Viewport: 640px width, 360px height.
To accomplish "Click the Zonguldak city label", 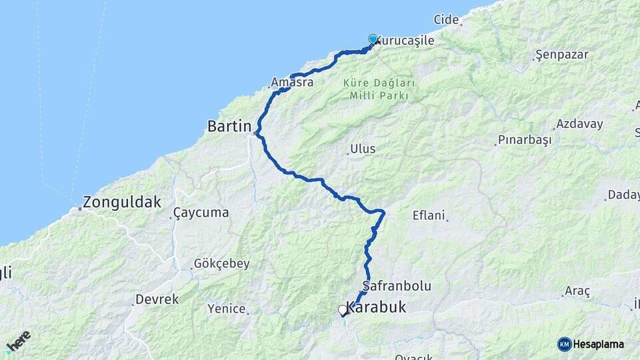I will click(x=123, y=201).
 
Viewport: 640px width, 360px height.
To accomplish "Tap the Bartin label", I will click(x=229, y=125).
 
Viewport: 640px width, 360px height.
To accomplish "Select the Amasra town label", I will click(x=292, y=83).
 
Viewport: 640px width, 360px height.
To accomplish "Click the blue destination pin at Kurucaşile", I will click(x=373, y=39).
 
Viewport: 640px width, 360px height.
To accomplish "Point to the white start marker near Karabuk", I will click(x=343, y=310).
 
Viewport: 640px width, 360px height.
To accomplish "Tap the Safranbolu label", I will click(x=397, y=285).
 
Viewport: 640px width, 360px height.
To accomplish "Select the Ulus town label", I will click(x=363, y=149).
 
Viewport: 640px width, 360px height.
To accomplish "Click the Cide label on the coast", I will click(x=446, y=19).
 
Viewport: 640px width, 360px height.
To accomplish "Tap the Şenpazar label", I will click(x=562, y=55).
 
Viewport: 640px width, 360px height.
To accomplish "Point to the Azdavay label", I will click(x=579, y=124).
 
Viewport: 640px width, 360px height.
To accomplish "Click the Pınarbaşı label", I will click(x=525, y=140).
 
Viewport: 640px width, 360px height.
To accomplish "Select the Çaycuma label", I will click(x=201, y=213).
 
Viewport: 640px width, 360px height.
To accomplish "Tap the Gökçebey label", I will click(x=221, y=263).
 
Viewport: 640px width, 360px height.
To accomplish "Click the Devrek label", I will click(x=157, y=299).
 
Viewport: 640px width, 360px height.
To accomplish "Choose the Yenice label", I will click(x=227, y=308).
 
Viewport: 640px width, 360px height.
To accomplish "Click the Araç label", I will click(x=577, y=291).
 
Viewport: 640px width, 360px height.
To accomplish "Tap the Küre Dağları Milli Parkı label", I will click(x=379, y=89).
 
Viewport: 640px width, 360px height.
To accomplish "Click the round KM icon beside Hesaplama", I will click(x=564, y=344).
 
